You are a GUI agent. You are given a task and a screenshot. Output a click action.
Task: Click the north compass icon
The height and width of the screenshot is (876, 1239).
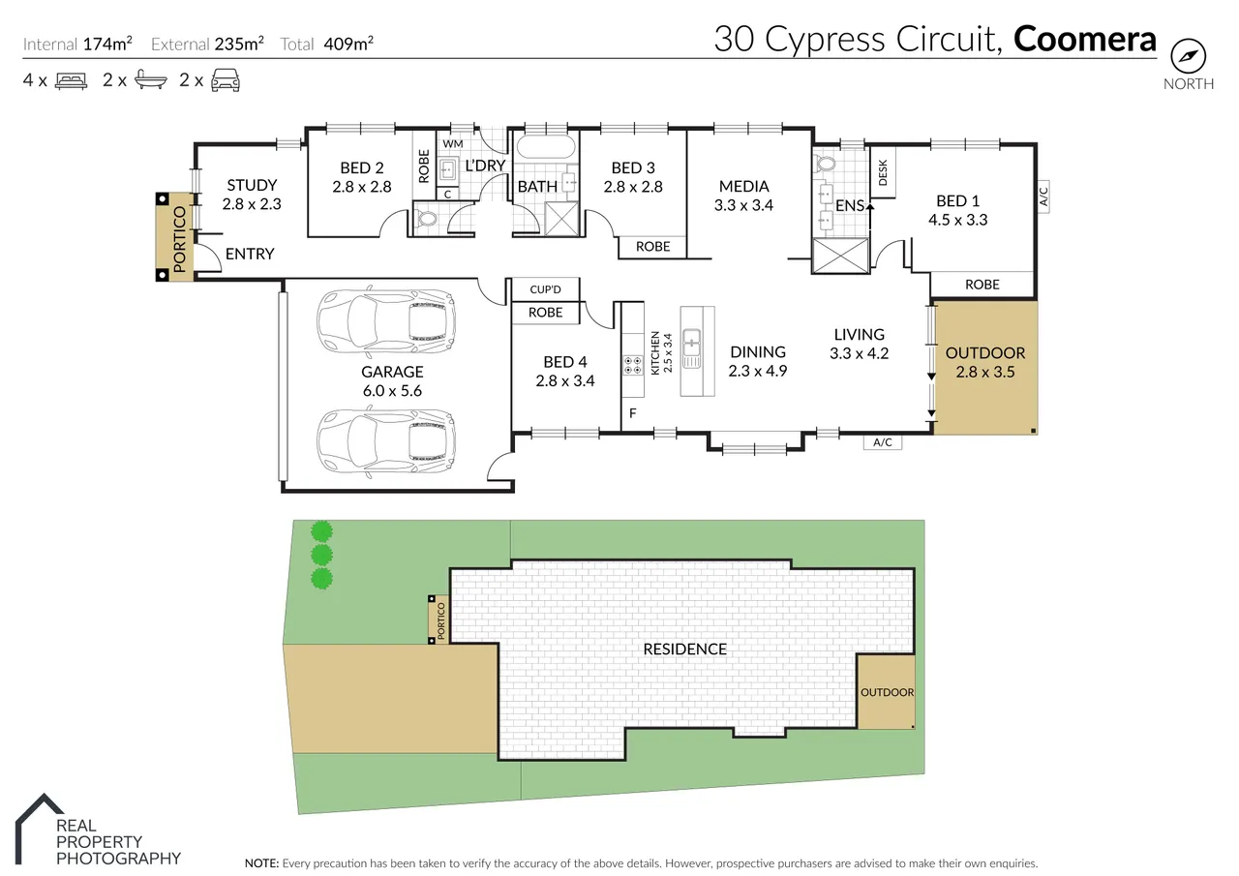(x=1188, y=54)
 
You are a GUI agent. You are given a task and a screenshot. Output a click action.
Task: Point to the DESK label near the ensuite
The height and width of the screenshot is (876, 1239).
(x=882, y=173)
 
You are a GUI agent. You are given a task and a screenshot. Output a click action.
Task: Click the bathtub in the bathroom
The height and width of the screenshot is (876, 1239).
(x=545, y=148)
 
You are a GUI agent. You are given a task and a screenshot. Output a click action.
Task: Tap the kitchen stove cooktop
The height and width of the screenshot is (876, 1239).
(x=633, y=365)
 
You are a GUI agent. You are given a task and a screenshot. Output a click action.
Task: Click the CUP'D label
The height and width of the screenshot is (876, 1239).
(x=546, y=289)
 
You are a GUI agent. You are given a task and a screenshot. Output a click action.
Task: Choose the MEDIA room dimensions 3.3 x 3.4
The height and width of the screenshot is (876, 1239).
(x=743, y=205)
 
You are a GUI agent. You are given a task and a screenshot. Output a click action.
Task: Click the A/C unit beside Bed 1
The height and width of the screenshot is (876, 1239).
(x=1043, y=197)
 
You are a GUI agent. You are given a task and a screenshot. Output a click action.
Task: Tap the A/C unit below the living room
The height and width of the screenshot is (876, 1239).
(x=882, y=442)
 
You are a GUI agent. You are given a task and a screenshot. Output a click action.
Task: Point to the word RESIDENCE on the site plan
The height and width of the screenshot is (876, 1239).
(x=684, y=649)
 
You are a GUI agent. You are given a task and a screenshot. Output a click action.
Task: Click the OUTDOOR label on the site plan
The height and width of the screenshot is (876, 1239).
(x=887, y=692)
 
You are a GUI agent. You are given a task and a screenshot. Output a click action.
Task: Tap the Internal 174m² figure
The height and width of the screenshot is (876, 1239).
(x=106, y=44)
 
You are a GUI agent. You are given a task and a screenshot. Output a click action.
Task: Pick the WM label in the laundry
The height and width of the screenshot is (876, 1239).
(x=452, y=144)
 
